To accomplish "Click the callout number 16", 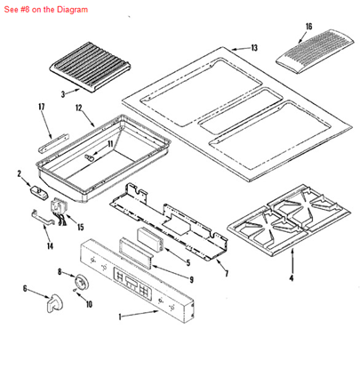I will [308, 27].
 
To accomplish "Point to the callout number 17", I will [41, 108].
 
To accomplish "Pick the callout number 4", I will [292, 277].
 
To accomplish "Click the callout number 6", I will [25, 289].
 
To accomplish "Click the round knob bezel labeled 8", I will [83, 281].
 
